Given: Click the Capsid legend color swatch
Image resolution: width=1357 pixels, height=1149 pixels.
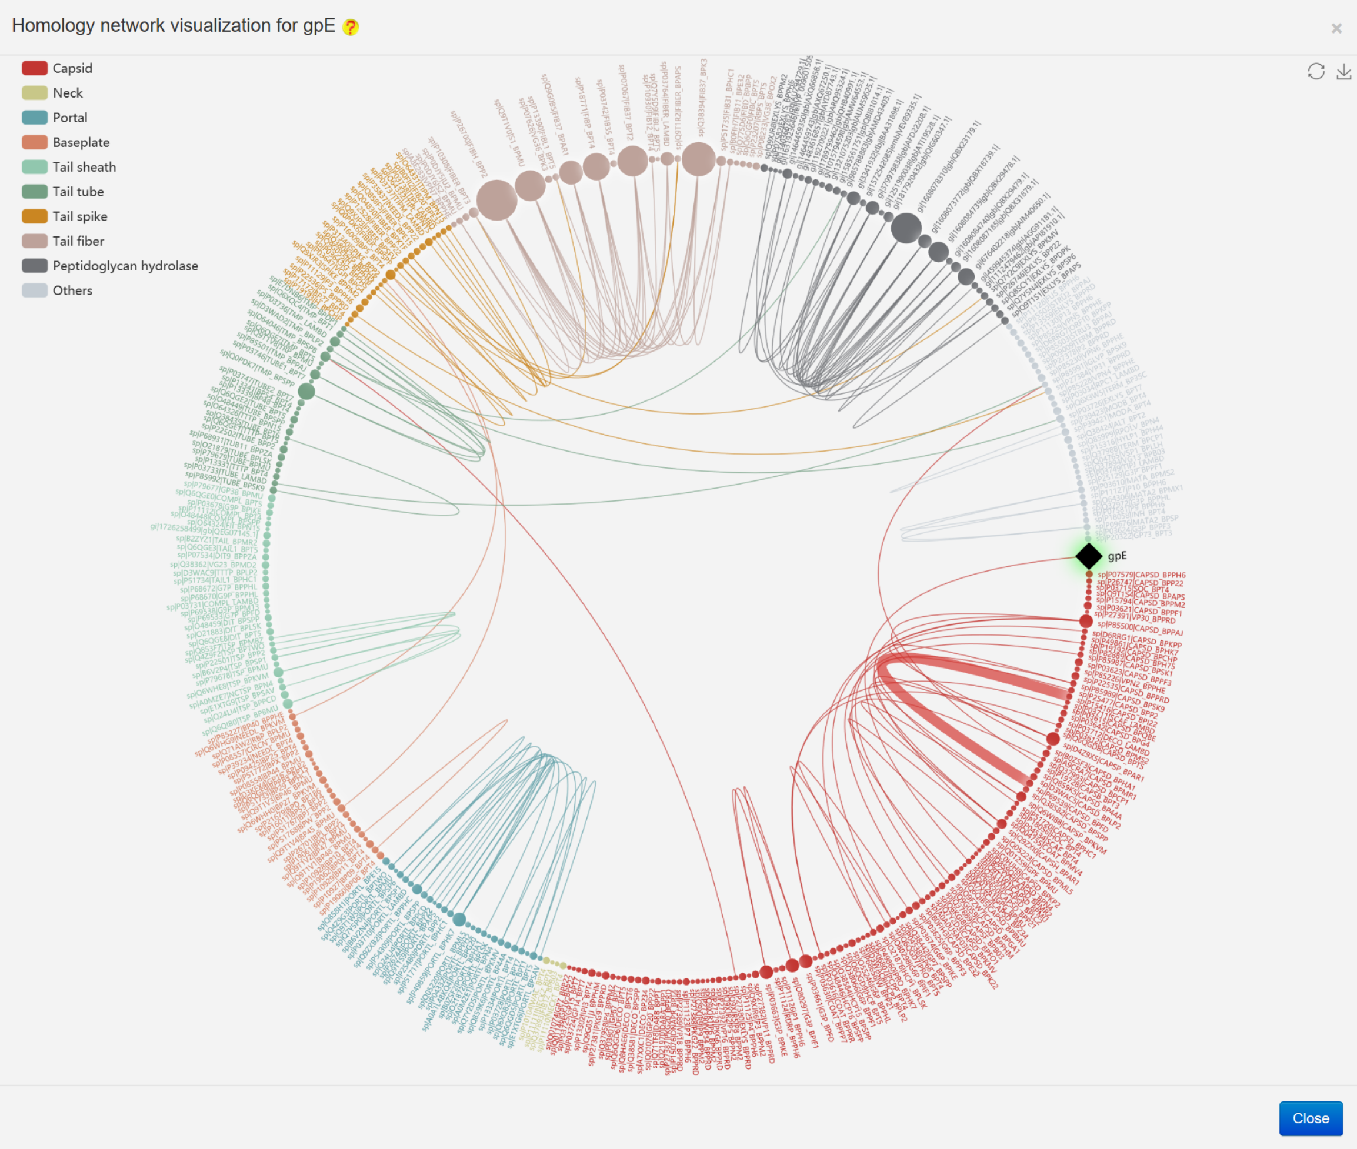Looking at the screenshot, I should pyautogui.click(x=35, y=68).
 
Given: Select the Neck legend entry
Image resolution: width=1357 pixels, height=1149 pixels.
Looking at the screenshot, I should pyautogui.click(x=67, y=93).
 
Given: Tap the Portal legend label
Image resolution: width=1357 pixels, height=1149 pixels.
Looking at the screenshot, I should pyautogui.click(x=70, y=118).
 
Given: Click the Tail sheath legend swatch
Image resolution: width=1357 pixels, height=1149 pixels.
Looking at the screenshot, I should pyautogui.click(x=35, y=168).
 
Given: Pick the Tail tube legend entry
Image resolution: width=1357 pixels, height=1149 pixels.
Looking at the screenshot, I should pyautogui.click(x=78, y=192).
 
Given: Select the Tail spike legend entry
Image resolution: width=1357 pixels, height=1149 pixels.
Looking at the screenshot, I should pyautogui.click(x=79, y=217).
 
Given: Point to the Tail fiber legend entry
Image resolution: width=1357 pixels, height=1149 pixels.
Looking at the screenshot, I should pyautogui.click(x=78, y=242).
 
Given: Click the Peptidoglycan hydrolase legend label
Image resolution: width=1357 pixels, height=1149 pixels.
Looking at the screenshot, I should pyautogui.click(x=125, y=266).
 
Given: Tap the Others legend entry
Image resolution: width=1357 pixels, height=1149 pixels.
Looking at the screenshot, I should pyautogui.click(x=72, y=291).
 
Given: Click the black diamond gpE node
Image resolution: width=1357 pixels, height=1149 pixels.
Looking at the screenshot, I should pyautogui.click(x=1089, y=556).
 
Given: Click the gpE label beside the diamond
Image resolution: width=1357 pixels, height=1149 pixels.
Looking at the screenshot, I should pyautogui.click(x=1116, y=556).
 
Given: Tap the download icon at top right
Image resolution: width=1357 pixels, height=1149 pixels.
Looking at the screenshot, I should pyautogui.click(x=1343, y=72).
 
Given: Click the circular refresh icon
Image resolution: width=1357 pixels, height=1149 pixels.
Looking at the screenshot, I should pyautogui.click(x=1316, y=72).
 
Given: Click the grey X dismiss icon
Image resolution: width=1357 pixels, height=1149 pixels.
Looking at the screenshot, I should pyautogui.click(x=1336, y=29).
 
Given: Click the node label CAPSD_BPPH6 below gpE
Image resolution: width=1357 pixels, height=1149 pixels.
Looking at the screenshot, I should pyautogui.click(x=1141, y=575).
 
